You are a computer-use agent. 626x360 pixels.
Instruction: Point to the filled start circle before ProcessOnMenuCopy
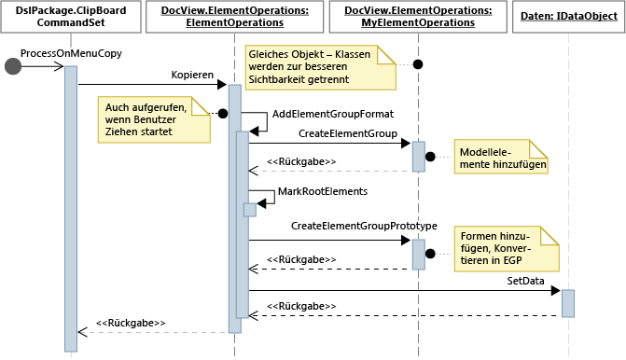[13, 65]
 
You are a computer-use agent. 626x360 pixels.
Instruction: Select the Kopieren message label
[192, 74]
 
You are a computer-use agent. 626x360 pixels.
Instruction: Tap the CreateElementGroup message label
[348, 133]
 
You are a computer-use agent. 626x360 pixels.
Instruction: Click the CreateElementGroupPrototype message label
[364, 226]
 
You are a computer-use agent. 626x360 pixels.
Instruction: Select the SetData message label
[525, 280]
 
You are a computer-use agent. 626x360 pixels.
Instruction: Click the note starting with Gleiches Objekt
[320, 67]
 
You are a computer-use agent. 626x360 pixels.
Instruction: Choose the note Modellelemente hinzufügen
[501, 157]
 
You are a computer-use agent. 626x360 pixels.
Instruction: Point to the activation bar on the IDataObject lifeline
[567, 302]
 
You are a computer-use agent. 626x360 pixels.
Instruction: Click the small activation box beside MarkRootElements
[249, 210]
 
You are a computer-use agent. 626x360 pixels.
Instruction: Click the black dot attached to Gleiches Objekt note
[418, 64]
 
